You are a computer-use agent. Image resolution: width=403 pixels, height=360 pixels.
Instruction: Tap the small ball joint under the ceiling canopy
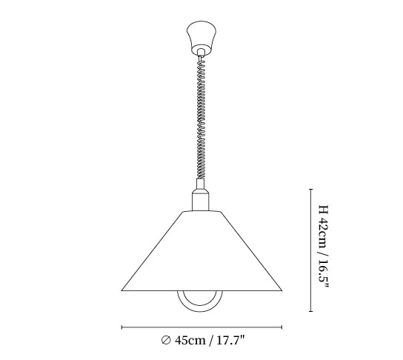click(x=201, y=53)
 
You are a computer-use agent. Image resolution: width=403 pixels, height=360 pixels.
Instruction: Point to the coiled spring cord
click(x=201, y=118)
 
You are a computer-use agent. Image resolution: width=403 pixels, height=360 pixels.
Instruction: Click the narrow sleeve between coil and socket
click(x=201, y=184)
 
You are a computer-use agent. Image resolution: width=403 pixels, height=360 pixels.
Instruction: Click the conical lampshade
click(x=201, y=251)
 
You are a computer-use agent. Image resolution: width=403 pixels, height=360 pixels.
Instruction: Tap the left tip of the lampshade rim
click(x=121, y=290)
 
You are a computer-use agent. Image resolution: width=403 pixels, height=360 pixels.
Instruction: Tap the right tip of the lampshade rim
click(x=282, y=290)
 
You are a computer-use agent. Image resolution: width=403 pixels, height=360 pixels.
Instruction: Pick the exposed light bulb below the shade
click(x=200, y=306)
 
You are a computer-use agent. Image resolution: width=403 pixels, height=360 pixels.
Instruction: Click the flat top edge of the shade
click(x=201, y=212)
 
